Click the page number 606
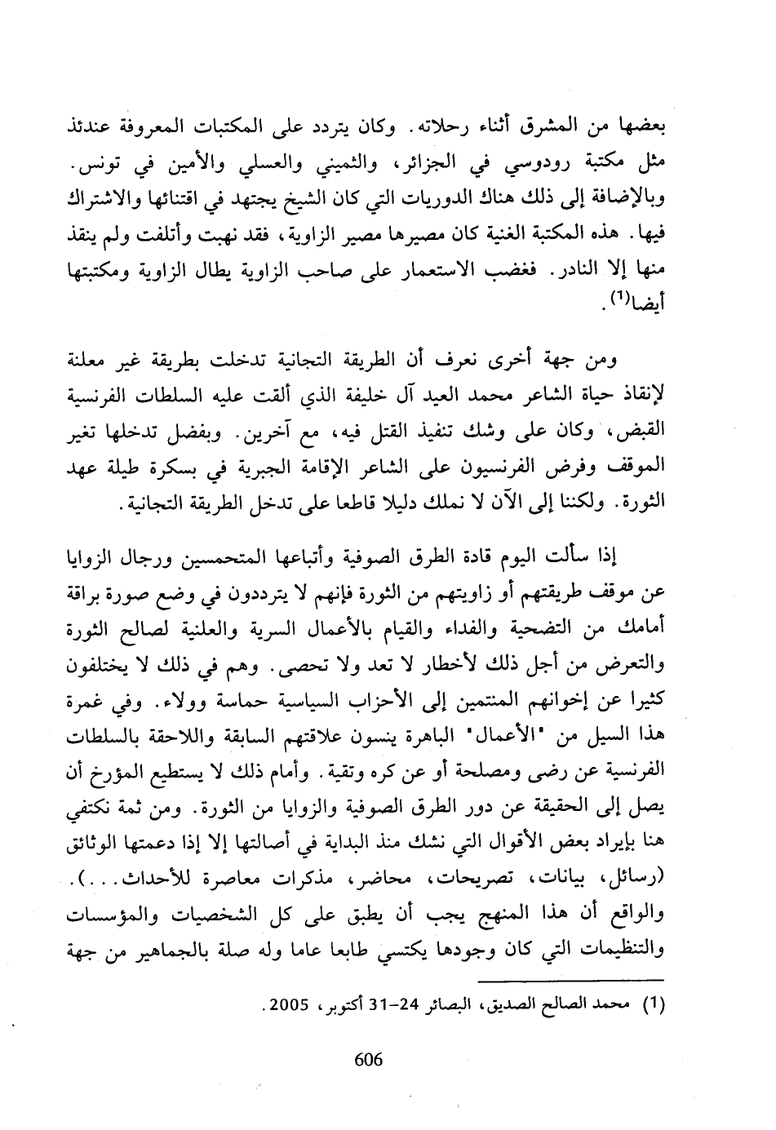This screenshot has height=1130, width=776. pos(369,1060)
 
